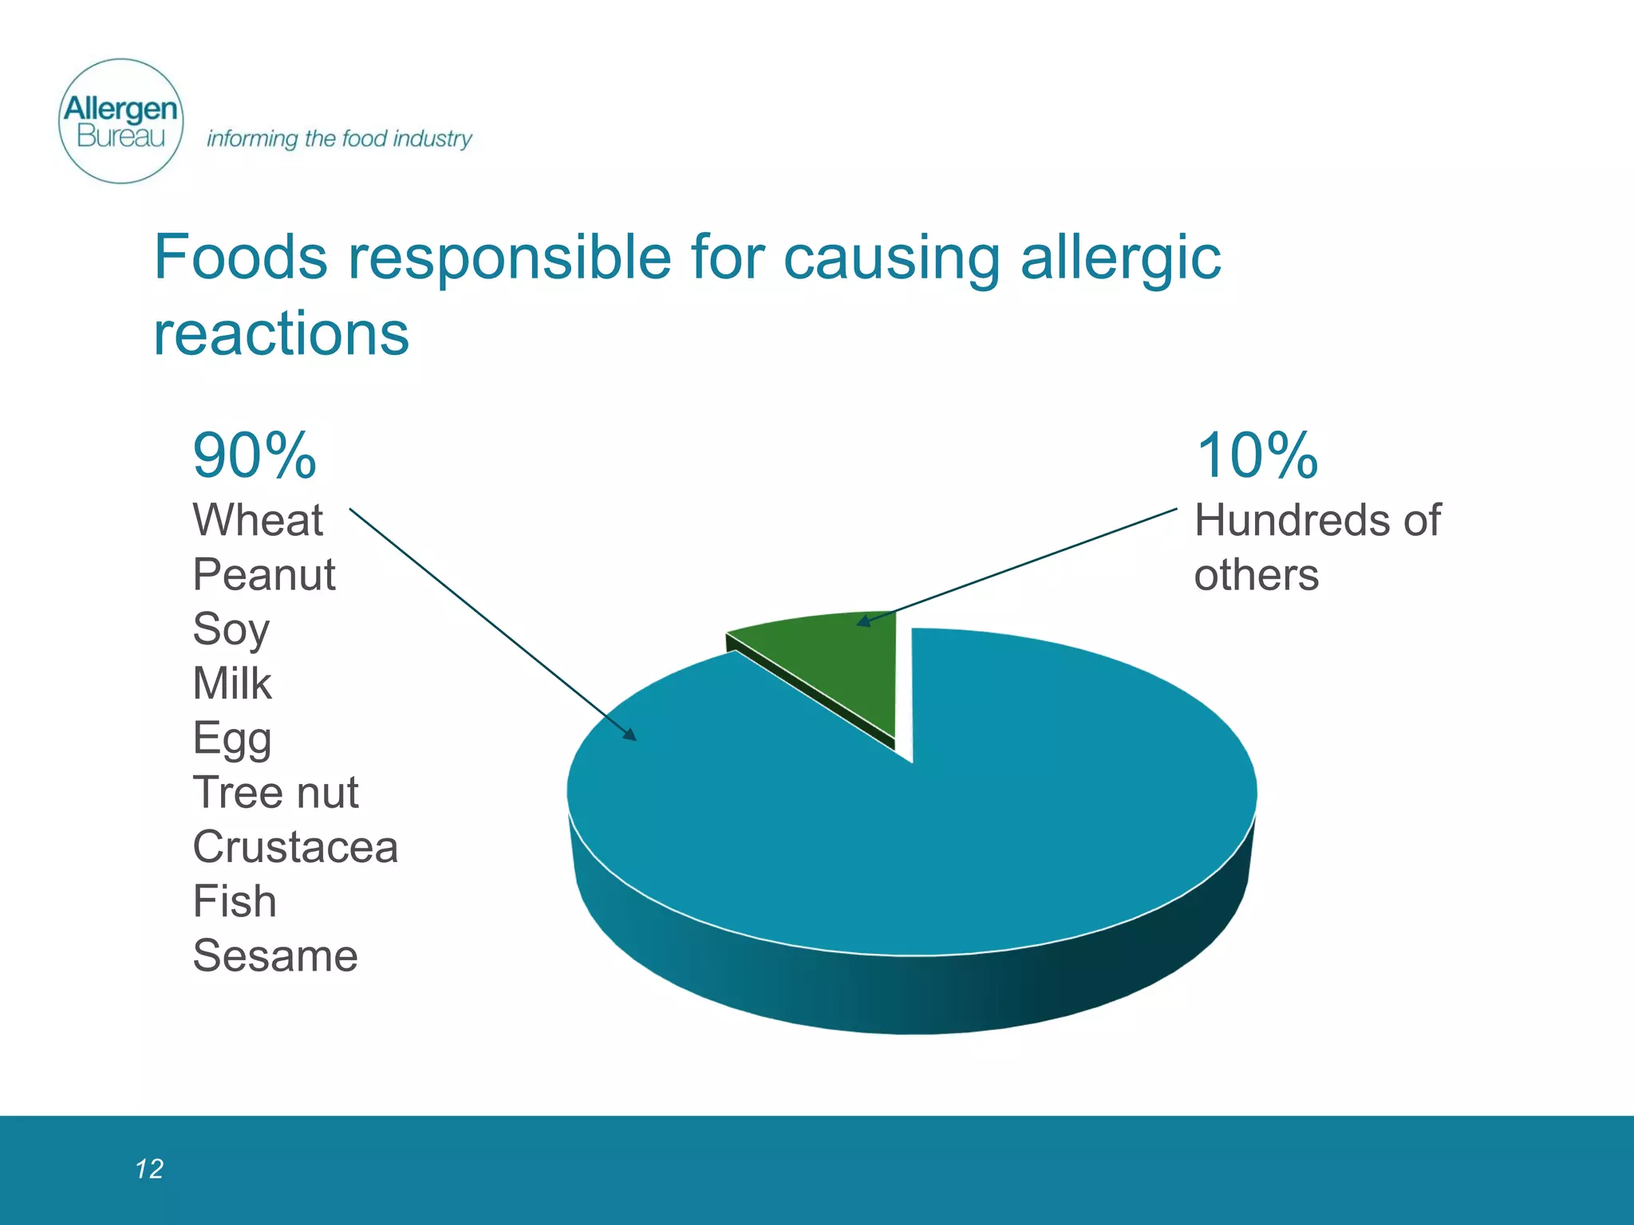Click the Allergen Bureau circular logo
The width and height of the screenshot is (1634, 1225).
click(121, 121)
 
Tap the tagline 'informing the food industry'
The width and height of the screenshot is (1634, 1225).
click(339, 139)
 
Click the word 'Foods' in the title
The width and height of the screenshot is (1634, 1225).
click(240, 258)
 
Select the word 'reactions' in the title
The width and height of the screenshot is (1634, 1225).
click(281, 333)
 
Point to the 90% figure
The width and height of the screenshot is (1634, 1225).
click(255, 455)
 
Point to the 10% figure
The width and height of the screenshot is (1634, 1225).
click(1257, 455)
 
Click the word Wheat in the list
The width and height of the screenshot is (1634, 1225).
click(258, 520)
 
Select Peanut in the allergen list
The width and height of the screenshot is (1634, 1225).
click(264, 574)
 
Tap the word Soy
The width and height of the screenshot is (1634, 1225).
click(231, 630)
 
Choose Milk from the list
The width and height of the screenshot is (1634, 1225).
click(232, 683)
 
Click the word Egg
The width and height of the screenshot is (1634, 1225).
click(232, 739)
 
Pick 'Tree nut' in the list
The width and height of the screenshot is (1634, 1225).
click(275, 793)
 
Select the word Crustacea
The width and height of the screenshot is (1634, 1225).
click(295, 847)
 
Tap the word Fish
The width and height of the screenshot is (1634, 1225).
click(235, 901)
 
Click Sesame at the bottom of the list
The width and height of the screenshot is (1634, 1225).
click(275, 955)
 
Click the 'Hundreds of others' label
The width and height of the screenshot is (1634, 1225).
click(1316, 547)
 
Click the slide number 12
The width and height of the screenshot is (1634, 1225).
click(149, 1169)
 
